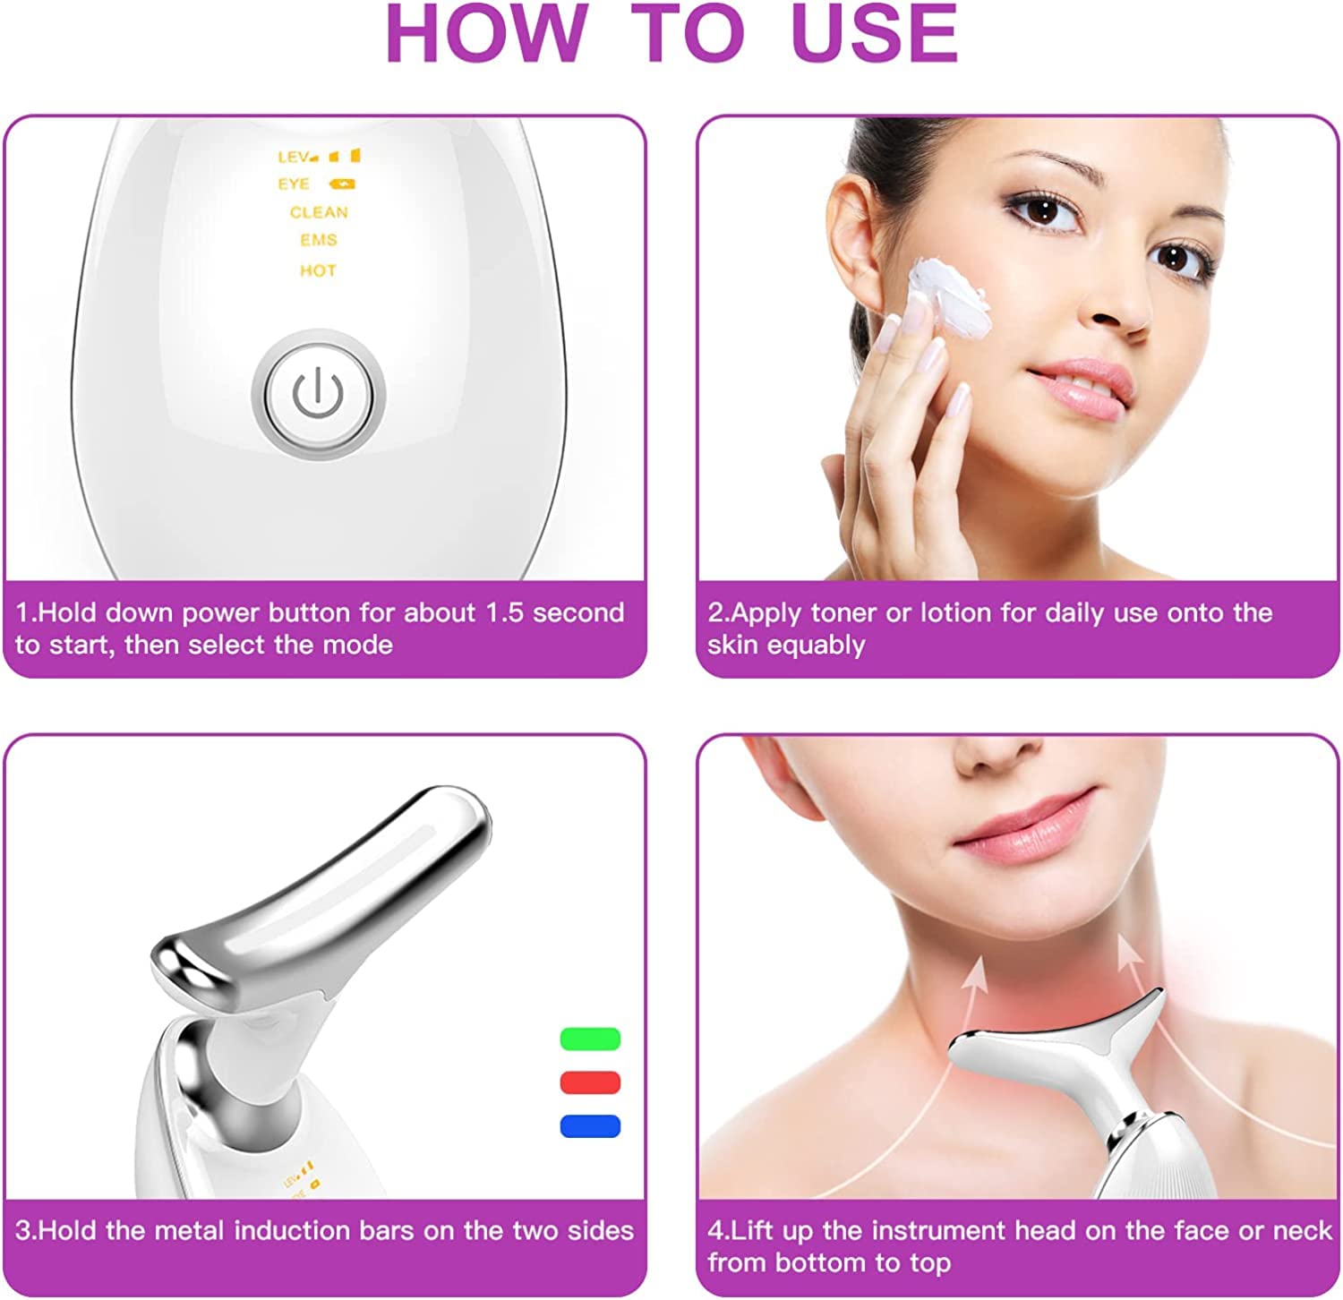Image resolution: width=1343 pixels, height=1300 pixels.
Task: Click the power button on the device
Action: pyautogui.click(x=319, y=395)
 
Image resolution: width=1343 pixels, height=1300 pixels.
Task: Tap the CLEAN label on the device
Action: pyautogui.click(x=319, y=212)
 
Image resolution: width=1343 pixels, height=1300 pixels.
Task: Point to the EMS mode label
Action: pyautogui.click(x=319, y=240)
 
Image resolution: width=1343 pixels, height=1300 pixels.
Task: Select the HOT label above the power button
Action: pyautogui.click(x=318, y=270)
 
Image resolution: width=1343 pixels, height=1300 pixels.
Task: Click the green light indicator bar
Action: pyautogui.click(x=590, y=1039)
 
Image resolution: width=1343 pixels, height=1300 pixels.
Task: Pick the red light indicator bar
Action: pyautogui.click(x=590, y=1082)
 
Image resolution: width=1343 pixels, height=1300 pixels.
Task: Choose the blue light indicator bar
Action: pyautogui.click(x=590, y=1125)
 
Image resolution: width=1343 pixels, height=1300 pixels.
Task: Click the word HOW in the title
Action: pyautogui.click(x=487, y=34)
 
